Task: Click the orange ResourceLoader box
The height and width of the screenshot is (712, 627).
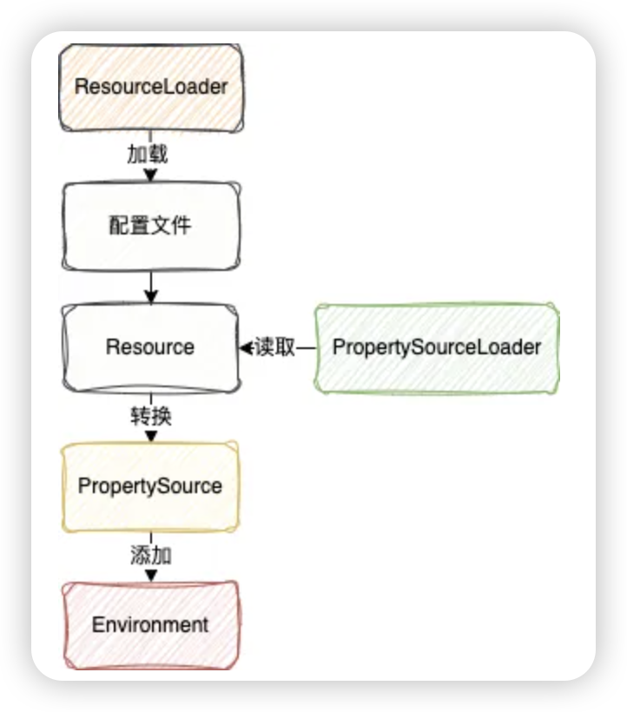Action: (x=151, y=88)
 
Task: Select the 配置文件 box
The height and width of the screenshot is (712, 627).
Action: (x=151, y=226)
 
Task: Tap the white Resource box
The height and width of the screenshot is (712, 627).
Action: (x=151, y=348)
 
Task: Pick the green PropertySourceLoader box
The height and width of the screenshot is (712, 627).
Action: (x=437, y=348)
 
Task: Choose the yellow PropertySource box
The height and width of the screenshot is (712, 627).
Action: (x=150, y=486)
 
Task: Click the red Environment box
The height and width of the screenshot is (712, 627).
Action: (x=151, y=625)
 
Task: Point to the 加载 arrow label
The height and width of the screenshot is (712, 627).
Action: (x=148, y=155)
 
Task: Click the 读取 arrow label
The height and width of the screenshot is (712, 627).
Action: (x=275, y=347)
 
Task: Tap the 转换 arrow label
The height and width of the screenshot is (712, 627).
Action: (x=151, y=416)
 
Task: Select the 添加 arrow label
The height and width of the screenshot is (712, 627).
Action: (x=151, y=555)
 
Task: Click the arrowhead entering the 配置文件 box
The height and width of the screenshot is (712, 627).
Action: (x=151, y=175)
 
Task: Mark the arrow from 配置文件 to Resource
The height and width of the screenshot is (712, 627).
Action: (x=151, y=287)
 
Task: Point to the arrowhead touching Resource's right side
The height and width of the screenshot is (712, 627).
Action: (x=247, y=348)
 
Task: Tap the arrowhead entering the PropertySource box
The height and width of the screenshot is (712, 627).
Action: (x=151, y=436)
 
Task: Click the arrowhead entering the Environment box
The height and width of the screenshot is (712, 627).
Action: (x=151, y=576)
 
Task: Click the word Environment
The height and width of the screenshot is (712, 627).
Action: (x=150, y=625)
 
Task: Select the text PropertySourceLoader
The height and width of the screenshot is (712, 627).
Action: (x=437, y=348)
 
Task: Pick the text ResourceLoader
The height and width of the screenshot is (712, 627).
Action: (x=151, y=87)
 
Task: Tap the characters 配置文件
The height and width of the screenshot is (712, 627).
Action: (x=150, y=225)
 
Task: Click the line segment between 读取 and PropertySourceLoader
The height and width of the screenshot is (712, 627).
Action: (x=306, y=348)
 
